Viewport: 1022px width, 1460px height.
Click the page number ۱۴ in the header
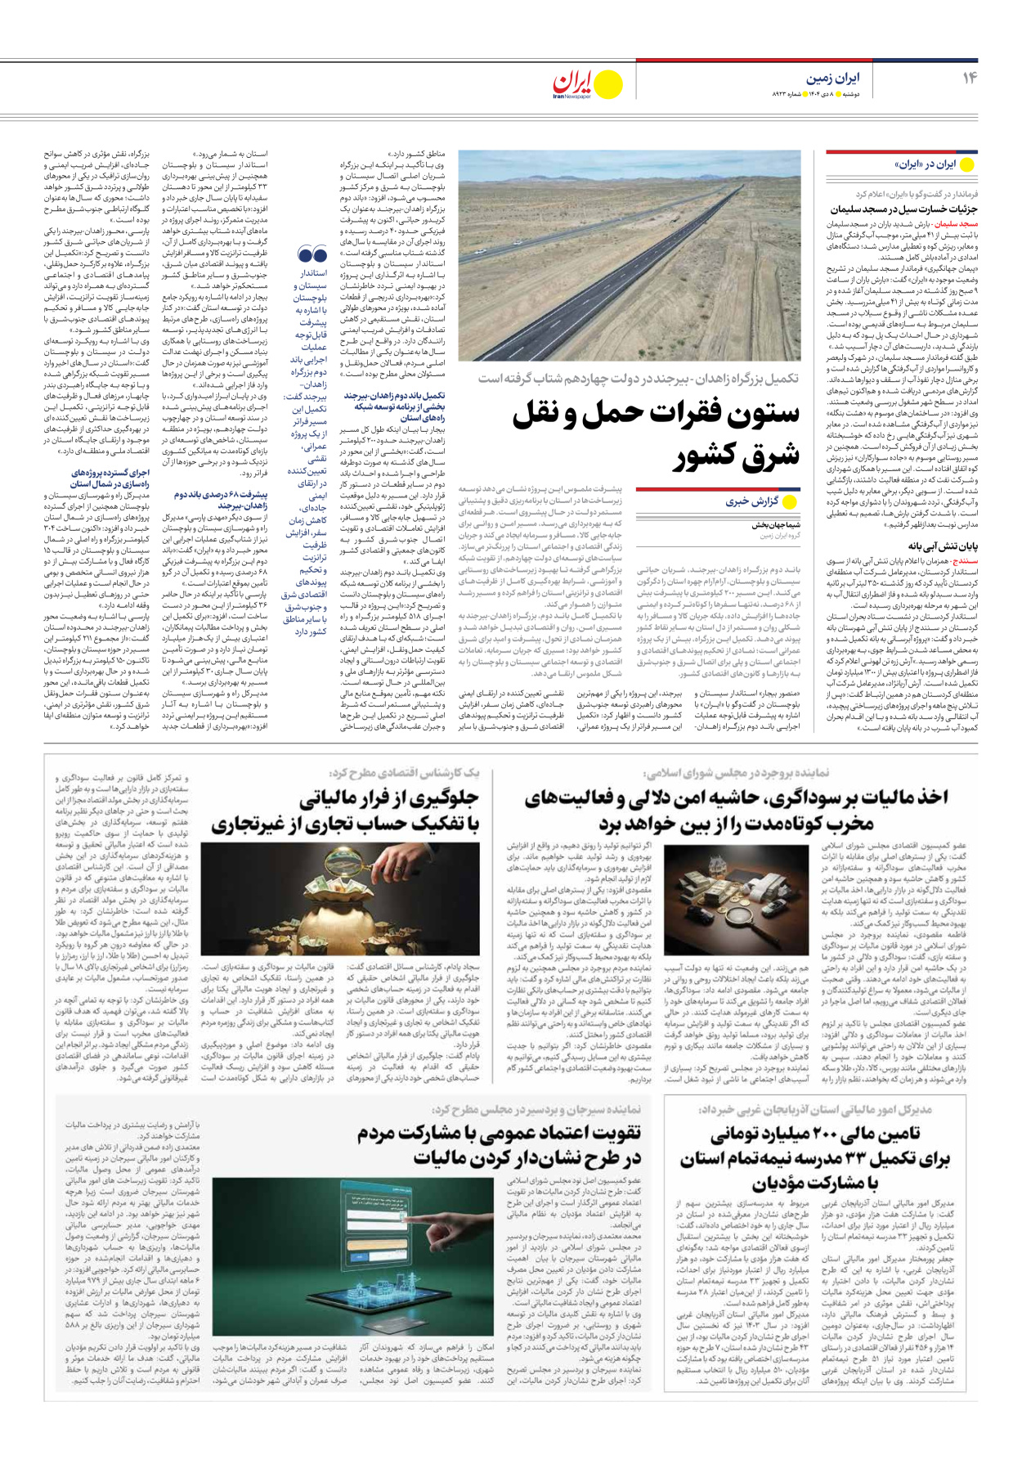pos(970,78)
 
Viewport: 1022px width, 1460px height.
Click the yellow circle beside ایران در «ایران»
pos(967,164)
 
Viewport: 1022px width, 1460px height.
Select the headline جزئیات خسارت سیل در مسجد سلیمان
pos(904,209)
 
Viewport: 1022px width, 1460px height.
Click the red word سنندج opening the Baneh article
pos(962,562)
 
